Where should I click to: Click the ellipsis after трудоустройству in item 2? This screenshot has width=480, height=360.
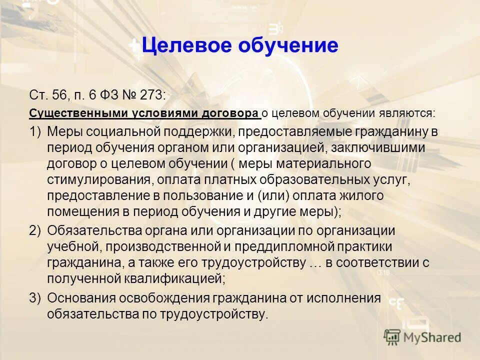[x=315, y=262]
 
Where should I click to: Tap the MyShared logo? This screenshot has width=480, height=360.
[x=423, y=337]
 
